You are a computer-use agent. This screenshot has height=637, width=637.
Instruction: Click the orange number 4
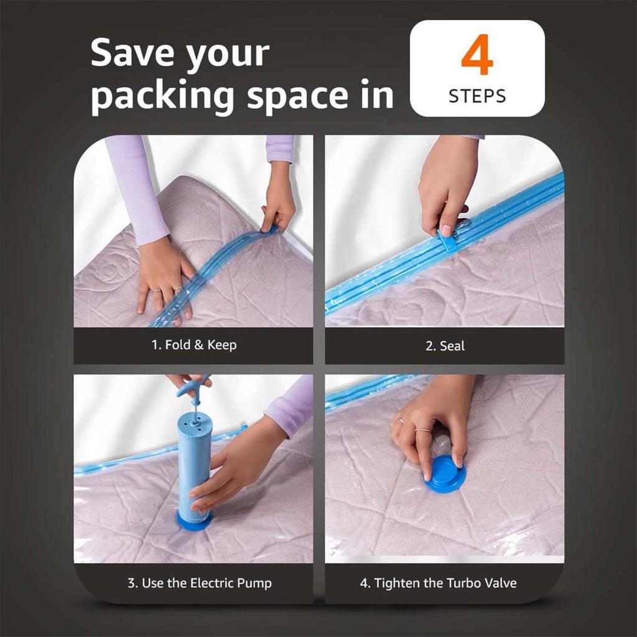point(477,57)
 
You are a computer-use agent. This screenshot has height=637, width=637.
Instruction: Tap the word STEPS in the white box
point(477,96)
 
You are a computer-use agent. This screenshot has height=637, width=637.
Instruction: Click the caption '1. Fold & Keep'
point(194,345)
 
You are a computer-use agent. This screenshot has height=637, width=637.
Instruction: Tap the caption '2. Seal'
point(445,346)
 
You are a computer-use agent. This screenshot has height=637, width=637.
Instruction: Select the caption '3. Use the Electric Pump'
point(200,584)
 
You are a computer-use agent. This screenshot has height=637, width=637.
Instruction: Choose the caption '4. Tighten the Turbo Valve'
point(438,584)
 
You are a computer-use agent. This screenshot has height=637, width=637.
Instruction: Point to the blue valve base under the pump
point(194,521)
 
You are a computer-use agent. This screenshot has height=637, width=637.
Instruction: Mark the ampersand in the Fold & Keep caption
point(198,345)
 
